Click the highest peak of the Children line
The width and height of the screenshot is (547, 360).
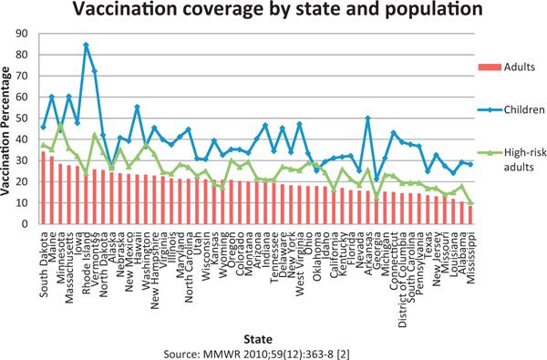pos(87,45)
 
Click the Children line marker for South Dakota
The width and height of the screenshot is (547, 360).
pos(44,126)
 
